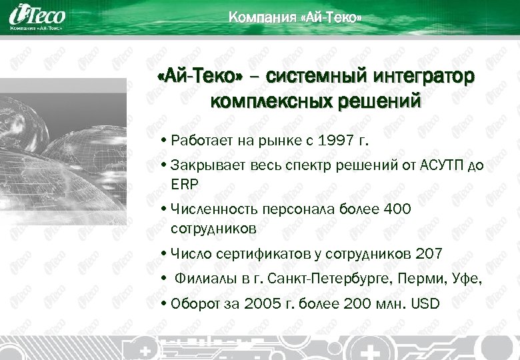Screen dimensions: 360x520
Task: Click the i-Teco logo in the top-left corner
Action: tap(36, 17)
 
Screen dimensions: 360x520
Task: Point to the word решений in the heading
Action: tap(385, 102)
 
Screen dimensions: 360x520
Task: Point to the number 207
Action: tap(428, 254)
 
